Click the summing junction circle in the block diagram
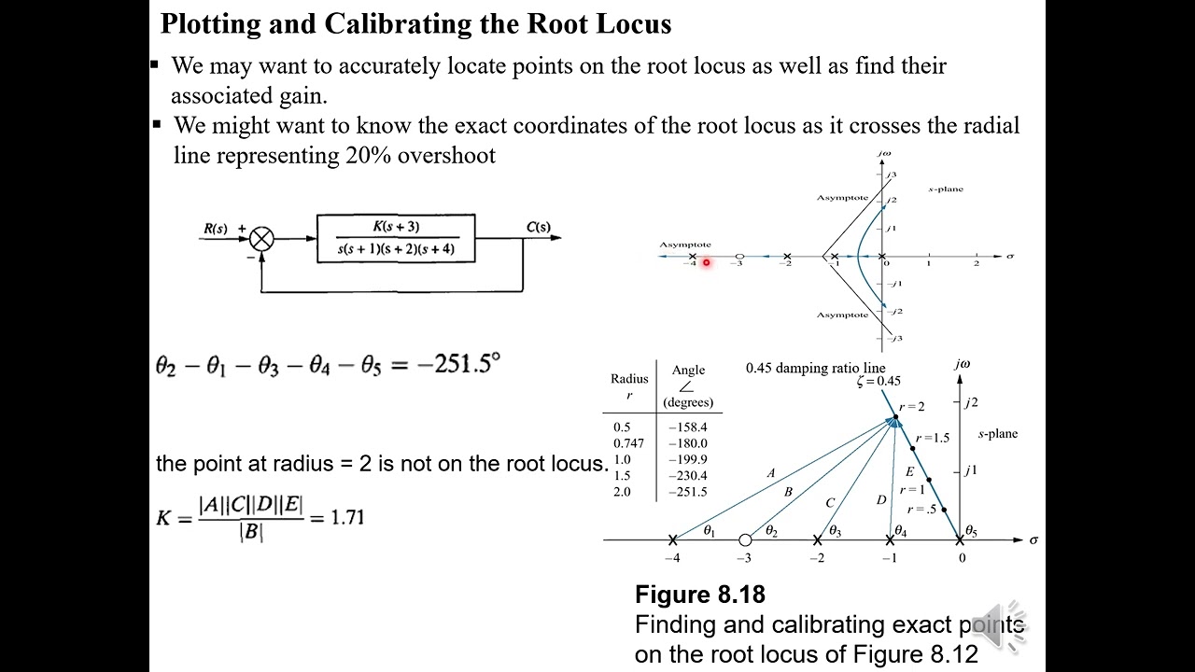261,239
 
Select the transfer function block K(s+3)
396,238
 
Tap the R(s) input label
215,229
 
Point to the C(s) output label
538,227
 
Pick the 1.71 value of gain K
347,517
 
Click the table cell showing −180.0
688,443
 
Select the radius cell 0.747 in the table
629,443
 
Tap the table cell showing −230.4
688,476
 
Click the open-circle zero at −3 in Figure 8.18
744,539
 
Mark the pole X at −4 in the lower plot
672,539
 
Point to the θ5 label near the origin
970,531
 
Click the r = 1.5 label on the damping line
932,438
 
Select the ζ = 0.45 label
879,381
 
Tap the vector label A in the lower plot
770,473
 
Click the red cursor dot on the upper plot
707,263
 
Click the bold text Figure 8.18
699,595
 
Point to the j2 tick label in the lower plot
971,402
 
